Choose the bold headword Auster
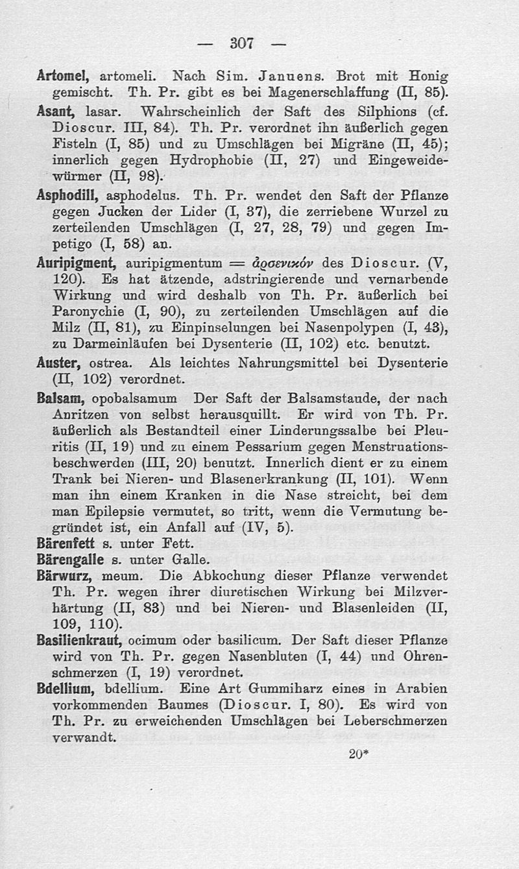[58, 364]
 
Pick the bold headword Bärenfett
[66, 542]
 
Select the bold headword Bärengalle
[70, 559]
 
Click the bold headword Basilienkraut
[83, 640]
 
